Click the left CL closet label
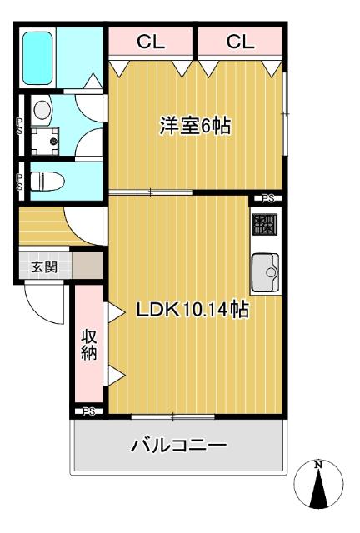point(151,42)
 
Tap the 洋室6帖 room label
point(196,127)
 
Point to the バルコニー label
point(179,447)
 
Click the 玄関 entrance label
point(44,267)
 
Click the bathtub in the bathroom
point(37,57)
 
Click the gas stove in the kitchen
point(265,225)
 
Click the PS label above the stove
point(267,198)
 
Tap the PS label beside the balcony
point(89,411)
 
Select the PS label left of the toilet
point(20,182)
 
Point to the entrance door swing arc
point(46,305)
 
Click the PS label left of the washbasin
point(20,125)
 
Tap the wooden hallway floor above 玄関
point(42,226)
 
